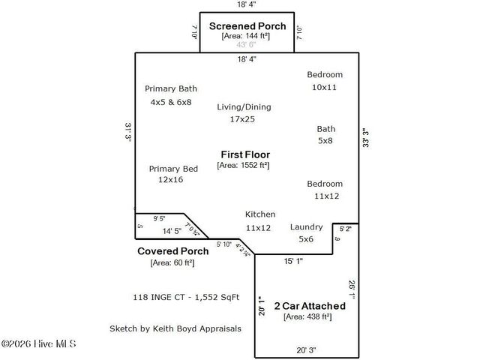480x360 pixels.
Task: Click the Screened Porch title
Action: pos(247,25)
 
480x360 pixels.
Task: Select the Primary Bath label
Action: pos(171,88)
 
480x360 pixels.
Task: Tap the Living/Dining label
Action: pos(244,106)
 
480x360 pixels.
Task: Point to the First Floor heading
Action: pos(244,154)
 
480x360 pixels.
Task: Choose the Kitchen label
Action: pos(260,214)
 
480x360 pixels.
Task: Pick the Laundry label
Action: pos(306,226)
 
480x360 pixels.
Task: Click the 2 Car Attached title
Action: pos(309,306)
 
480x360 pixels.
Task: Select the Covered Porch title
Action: pos(172,251)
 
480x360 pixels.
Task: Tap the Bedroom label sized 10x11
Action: pos(325,74)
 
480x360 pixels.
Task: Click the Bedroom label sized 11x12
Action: pos(325,184)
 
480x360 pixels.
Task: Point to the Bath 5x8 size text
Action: pos(326,140)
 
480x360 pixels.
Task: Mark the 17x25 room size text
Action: pos(242,119)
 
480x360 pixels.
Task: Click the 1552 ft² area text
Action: pos(244,165)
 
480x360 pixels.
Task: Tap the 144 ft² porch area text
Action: pos(247,36)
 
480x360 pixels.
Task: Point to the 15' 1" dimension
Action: pos(293,262)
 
